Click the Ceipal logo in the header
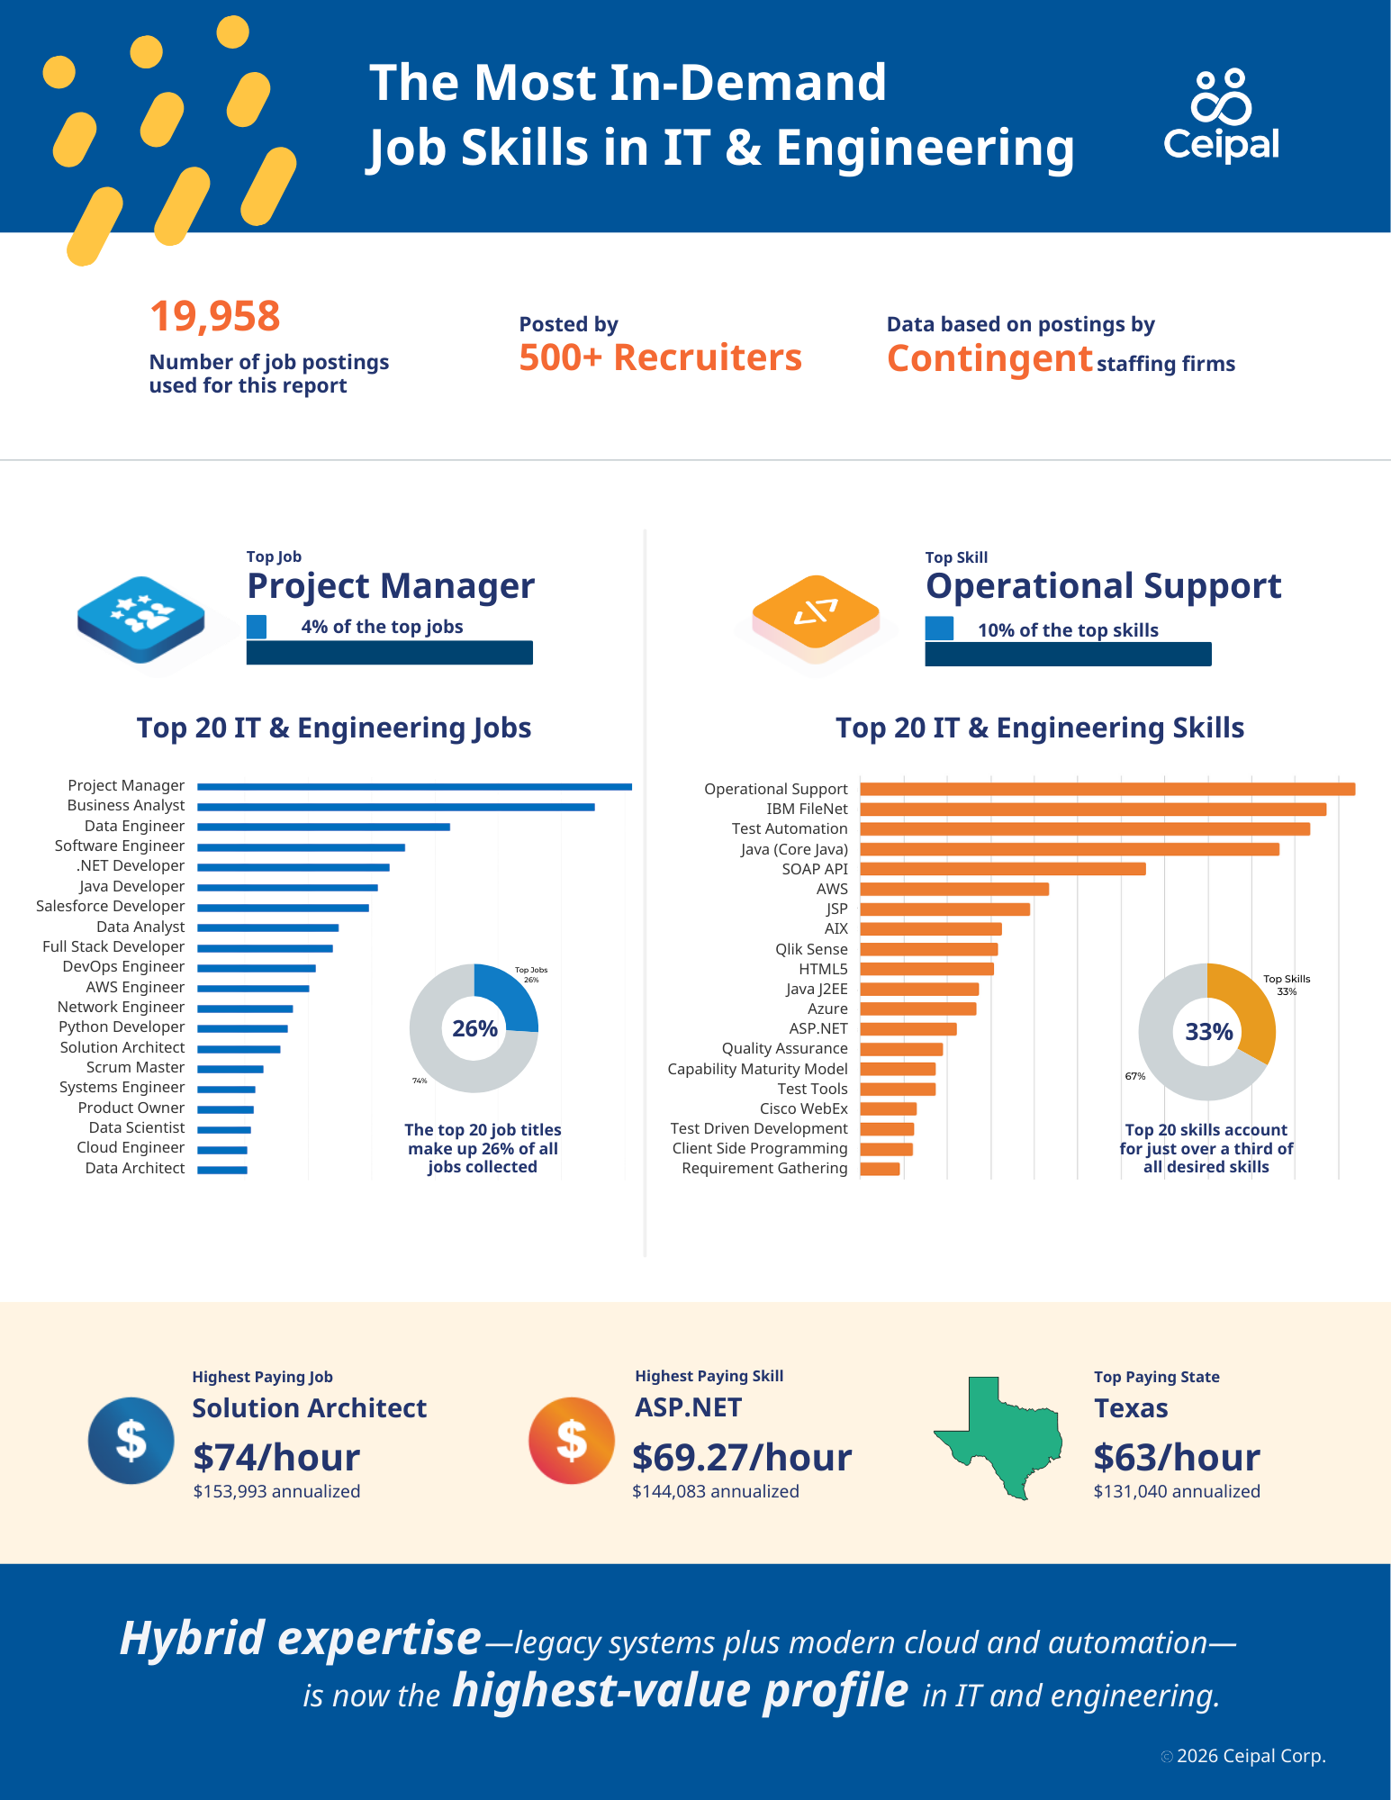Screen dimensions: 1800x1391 (x=1221, y=117)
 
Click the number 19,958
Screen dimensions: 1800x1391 (x=214, y=317)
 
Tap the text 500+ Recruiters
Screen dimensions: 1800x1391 (x=660, y=357)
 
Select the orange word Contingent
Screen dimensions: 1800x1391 (x=989, y=358)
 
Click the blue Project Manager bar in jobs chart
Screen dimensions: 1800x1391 (x=414, y=787)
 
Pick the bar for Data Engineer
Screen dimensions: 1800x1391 (x=323, y=827)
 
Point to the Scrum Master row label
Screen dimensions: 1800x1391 (x=135, y=1067)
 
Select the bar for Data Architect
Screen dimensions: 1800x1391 (x=222, y=1170)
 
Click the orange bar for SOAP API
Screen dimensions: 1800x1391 (x=1002, y=869)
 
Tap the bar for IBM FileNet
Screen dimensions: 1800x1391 (x=1092, y=810)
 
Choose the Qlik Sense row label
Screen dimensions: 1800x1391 (x=811, y=949)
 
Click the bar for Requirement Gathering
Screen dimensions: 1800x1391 (x=880, y=1169)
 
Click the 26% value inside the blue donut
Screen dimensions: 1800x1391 (x=474, y=1028)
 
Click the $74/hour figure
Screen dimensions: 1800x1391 (x=276, y=1457)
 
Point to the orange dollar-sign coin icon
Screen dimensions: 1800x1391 (x=571, y=1440)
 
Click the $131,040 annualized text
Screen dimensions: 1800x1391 (x=1176, y=1491)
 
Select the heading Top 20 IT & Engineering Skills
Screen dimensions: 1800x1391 (x=1039, y=728)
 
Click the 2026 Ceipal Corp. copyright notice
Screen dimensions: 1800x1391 (x=1250, y=1756)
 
